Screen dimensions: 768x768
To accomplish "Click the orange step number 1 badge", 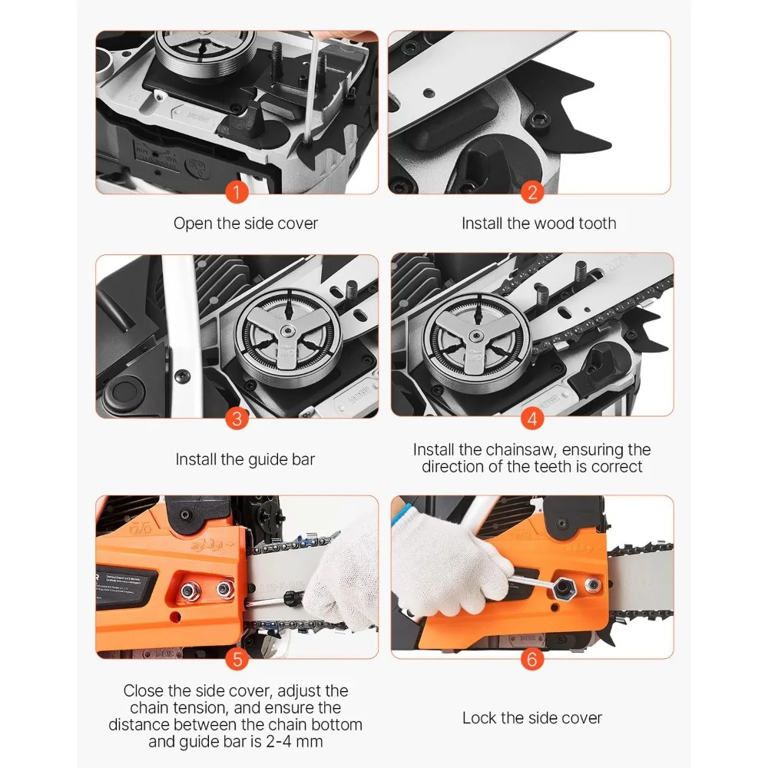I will pyautogui.click(x=237, y=193).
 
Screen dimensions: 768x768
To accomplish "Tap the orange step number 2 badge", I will pyautogui.click(x=532, y=193).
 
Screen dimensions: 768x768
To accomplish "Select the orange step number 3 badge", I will pyautogui.click(x=237, y=419).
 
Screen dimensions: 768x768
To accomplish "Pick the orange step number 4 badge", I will pyautogui.click(x=532, y=419).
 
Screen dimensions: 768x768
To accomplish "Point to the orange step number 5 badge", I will pyautogui.click(x=237, y=658).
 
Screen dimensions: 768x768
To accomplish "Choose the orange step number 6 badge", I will pyautogui.click(x=532, y=658).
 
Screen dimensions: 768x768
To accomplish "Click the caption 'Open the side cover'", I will pyautogui.click(x=245, y=223).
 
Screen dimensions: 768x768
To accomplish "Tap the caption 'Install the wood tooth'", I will pyautogui.click(x=538, y=223).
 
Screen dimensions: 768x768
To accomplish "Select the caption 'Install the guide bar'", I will pyautogui.click(x=245, y=459).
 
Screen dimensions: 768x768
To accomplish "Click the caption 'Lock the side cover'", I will pyautogui.click(x=531, y=718).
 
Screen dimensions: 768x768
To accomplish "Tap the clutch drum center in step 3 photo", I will pyautogui.click(x=285, y=331).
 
